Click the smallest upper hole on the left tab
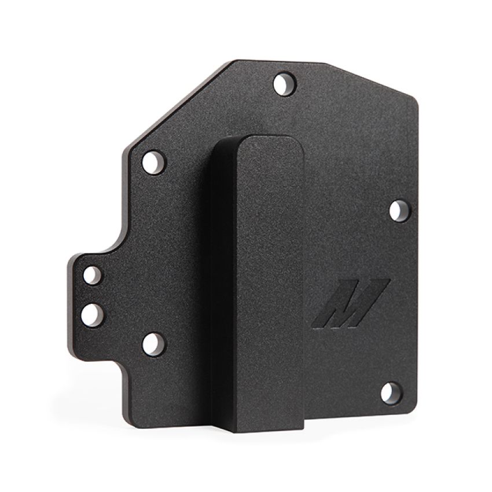[x=92, y=274]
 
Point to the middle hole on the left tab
[x=91, y=314]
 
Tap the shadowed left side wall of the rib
[x=223, y=278]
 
